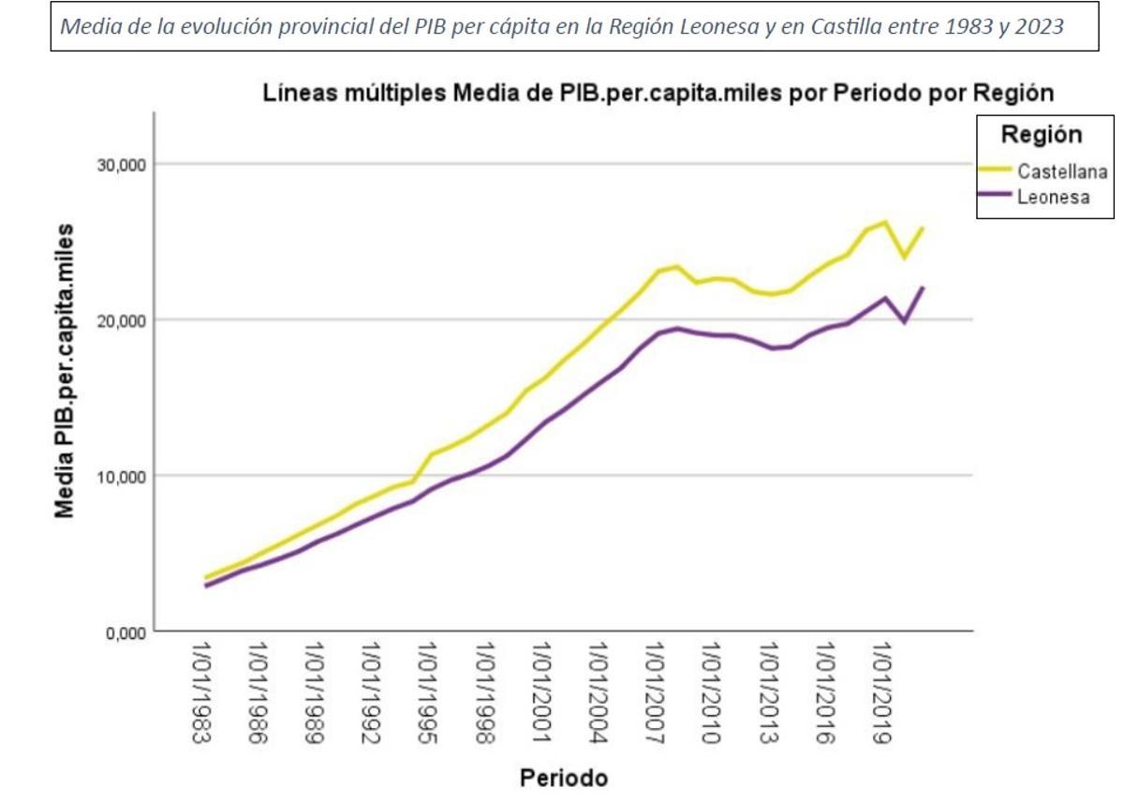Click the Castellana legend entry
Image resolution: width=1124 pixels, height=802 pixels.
[1062, 171]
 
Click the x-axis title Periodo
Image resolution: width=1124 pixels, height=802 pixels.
[563, 778]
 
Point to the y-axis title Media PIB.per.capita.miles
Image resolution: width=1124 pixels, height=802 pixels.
[65, 370]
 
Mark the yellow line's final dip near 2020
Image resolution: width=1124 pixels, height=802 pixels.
[905, 258]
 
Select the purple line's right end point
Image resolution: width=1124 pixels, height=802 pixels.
[924, 288]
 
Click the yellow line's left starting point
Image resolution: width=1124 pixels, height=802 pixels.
[206, 578]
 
